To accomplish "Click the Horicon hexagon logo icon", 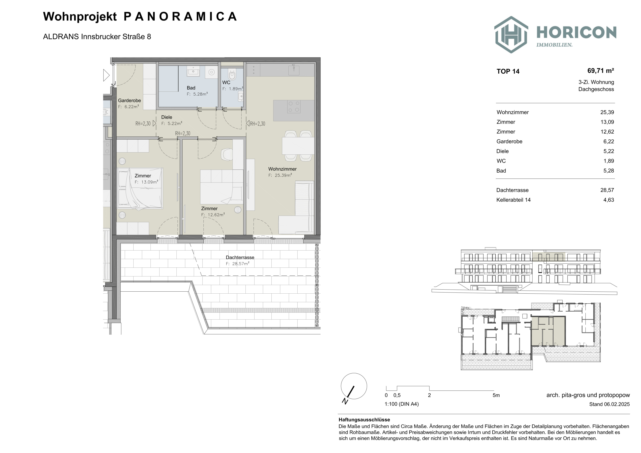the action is pyautogui.click(x=511, y=35).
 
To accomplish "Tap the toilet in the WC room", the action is pyautogui.click(x=232, y=74).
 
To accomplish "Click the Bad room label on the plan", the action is pyautogui.click(x=191, y=88).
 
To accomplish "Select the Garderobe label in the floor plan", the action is pyautogui.click(x=129, y=100).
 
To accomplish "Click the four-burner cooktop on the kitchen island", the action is pyautogui.click(x=294, y=107).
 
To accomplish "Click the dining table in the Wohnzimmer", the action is pyautogui.click(x=298, y=146).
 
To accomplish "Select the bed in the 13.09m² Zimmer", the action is pyautogui.click(x=140, y=188).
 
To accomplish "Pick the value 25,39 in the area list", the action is pyautogui.click(x=607, y=112).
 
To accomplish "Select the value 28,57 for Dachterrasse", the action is pyautogui.click(x=607, y=190).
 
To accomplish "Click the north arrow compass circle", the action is pyautogui.click(x=354, y=386).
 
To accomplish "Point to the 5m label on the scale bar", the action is pyautogui.click(x=496, y=395).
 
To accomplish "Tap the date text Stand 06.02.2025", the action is pyautogui.click(x=609, y=404).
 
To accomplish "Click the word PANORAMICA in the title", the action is pyautogui.click(x=180, y=16).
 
